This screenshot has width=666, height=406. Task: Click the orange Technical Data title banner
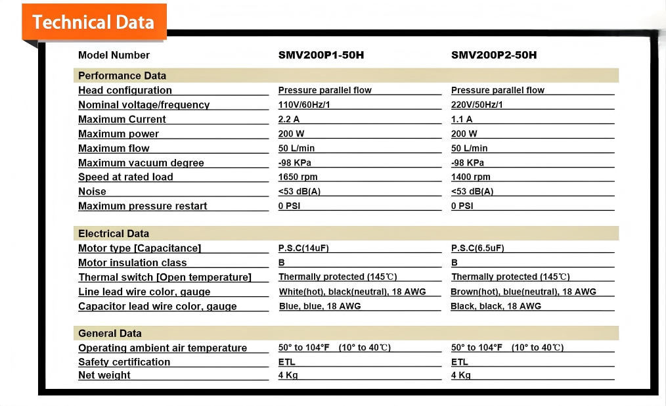(93, 22)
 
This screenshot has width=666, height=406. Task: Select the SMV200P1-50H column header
(321, 55)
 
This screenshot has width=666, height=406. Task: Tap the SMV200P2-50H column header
(493, 55)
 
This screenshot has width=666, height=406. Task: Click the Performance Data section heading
(122, 76)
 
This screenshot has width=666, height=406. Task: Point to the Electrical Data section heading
(114, 233)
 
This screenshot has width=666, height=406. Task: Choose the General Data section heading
(110, 333)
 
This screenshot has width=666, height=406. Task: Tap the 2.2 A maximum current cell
(289, 120)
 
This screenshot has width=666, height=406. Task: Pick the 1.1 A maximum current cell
(462, 120)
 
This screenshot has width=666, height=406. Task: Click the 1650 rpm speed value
(298, 177)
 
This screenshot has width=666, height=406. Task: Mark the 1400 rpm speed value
(470, 177)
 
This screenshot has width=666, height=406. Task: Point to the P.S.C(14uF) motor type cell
(305, 248)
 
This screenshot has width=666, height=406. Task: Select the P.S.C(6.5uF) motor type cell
(477, 248)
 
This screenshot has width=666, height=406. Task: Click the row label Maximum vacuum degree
(141, 163)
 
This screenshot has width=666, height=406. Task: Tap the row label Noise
(92, 192)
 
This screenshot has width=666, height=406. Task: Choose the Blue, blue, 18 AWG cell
(320, 306)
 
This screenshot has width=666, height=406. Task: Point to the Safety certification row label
(124, 362)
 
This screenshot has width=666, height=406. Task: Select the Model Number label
(114, 55)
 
